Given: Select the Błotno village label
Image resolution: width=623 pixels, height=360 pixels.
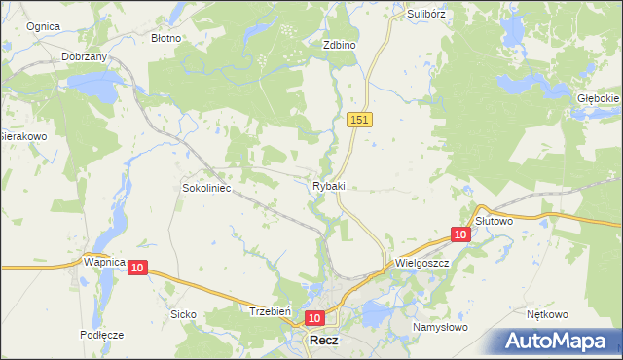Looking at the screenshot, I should [166, 38].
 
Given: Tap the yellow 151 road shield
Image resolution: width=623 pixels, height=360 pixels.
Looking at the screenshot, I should [359, 119].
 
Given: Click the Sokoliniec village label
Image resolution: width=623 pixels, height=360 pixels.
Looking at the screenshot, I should [206, 187].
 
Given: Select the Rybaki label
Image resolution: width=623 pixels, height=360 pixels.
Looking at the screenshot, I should [329, 186].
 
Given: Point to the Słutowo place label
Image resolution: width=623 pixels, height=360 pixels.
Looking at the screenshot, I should [494, 221].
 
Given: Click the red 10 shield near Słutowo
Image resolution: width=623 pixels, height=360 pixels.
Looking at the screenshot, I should [460, 234].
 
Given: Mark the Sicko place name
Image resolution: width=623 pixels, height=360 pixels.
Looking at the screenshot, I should [184, 314].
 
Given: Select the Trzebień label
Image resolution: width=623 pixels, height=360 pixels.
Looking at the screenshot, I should [267, 311].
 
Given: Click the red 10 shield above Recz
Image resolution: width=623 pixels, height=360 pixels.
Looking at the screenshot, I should [313, 318].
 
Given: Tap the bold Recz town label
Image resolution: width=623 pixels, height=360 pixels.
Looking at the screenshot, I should [324, 342].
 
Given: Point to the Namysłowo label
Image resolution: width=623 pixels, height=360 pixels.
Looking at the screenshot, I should [440, 327].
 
